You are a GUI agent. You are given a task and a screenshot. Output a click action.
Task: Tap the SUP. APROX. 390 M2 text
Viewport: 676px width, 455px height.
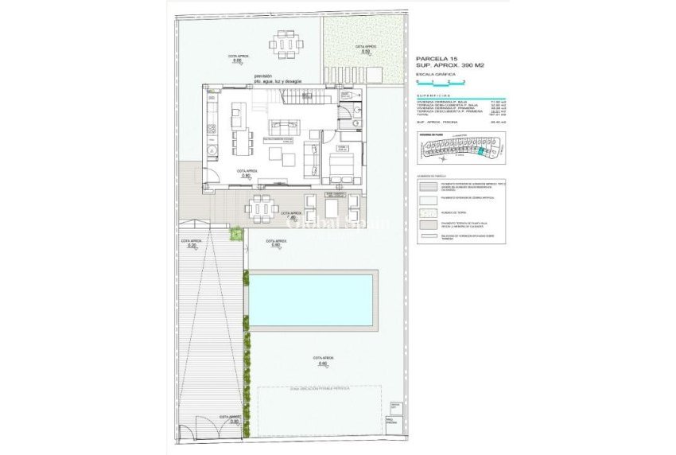[x=450, y=65]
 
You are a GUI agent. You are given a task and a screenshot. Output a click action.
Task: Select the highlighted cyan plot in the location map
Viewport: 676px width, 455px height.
[x=480, y=150]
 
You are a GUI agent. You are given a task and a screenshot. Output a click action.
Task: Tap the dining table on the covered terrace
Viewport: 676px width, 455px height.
[x=262, y=208]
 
